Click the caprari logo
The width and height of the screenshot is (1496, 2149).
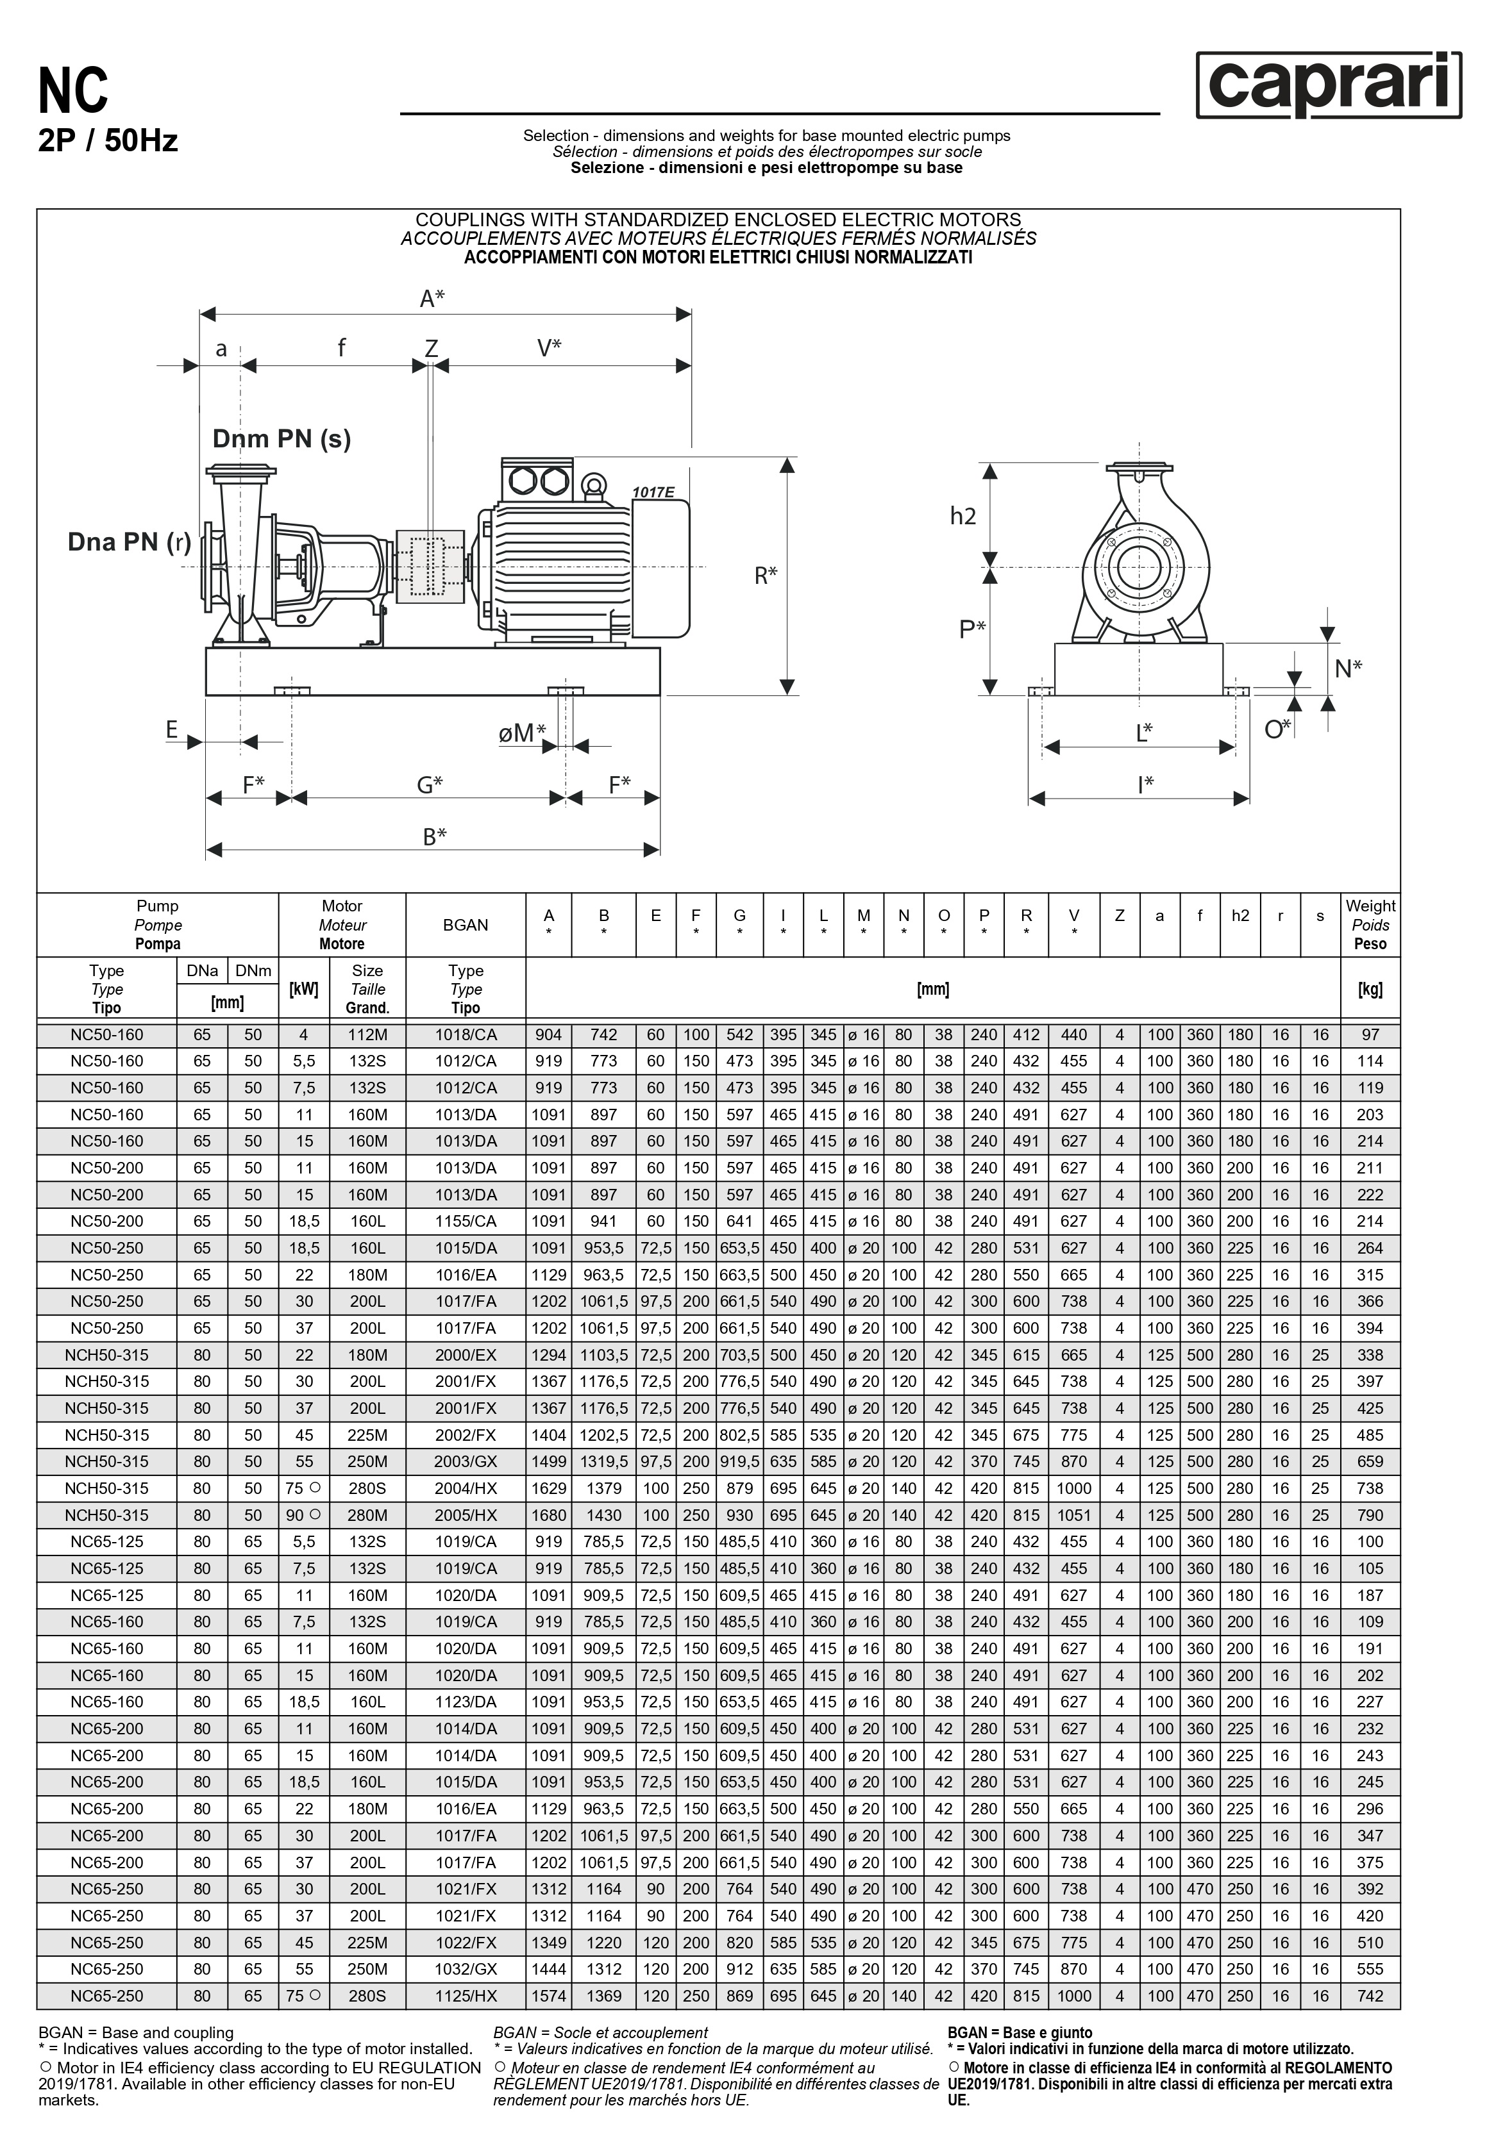point(1327,85)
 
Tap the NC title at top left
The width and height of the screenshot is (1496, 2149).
point(73,92)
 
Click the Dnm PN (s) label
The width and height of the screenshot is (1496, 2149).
point(281,439)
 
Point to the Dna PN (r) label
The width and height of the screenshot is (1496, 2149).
point(129,542)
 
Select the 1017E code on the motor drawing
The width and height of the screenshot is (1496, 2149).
point(653,492)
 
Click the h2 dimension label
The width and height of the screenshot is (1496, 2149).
point(962,516)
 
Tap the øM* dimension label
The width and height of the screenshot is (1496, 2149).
point(521,733)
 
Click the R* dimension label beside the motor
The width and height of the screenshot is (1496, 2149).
point(766,576)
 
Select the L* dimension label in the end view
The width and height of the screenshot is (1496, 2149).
point(1144,732)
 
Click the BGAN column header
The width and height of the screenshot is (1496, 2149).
point(466,925)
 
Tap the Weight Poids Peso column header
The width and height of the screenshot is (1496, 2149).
point(1370,925)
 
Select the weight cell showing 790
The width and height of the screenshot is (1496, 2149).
point(1370,1515)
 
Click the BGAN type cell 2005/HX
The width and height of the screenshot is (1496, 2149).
point(466,1515)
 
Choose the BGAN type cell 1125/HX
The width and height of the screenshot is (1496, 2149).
point(466,1996)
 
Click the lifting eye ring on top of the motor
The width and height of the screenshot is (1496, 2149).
point(592,484)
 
